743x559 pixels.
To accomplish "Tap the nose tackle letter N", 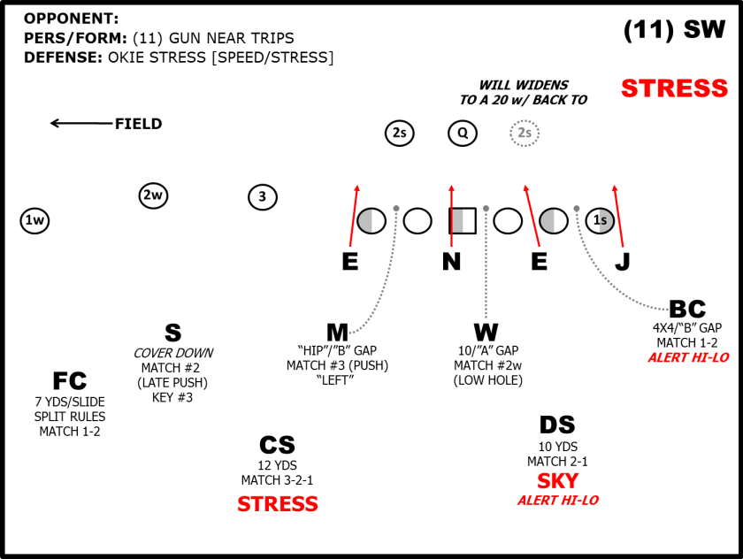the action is [452, 262].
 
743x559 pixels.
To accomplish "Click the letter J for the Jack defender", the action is [623, 262].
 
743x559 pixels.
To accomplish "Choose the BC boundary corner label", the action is [687, 310].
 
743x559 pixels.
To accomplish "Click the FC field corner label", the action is [70, 381].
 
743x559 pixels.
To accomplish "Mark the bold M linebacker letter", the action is [337, 333].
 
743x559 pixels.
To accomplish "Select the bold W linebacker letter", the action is [486, 333].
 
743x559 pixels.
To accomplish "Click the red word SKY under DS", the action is [558, 481].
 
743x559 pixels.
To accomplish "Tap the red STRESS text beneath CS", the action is [278, 504].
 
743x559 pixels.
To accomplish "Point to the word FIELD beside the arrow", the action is [138, 124].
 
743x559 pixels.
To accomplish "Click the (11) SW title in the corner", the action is [674, 29].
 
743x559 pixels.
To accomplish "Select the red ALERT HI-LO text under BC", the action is [688, 357].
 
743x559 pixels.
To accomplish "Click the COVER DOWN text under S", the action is [173, 353].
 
